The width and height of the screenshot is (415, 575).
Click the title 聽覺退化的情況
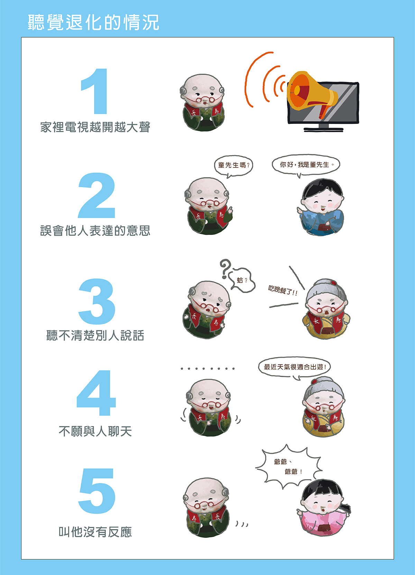[x=93, y=22]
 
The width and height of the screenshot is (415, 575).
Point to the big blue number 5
[x=97, y=491]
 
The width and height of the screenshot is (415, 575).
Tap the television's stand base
[x=323, y=130]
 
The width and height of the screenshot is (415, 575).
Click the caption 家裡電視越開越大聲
[x=95, y=127]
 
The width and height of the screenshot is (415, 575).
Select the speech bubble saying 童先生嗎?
[x=233, y=166]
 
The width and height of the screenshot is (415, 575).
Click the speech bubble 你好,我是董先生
[x=306, y=165]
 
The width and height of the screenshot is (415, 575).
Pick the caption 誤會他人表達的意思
[x=95, y=230]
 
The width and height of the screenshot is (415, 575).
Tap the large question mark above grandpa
[x=225, y=268]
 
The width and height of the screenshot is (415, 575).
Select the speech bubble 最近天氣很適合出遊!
[x=294, y=367]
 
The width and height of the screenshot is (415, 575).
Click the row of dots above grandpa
[x=207, y=368]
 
